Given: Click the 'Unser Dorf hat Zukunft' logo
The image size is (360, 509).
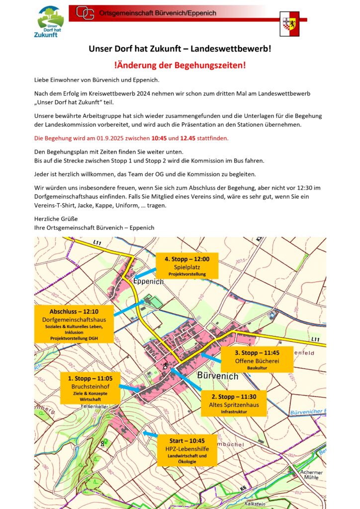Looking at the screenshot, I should (51, 22).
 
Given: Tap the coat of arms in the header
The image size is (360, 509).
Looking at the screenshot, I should (289, 24).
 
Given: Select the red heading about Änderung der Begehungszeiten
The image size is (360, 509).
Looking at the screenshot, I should (180, 65).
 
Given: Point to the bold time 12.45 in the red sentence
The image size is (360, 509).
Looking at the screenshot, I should (191, 138).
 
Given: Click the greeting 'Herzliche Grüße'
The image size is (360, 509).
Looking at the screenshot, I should (56, 219).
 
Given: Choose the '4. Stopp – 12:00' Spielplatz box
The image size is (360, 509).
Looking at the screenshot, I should (187, 266).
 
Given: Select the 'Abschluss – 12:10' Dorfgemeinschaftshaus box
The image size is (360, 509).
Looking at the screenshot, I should (74, 324).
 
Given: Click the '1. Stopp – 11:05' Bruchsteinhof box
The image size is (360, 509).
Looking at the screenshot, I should (90, 387).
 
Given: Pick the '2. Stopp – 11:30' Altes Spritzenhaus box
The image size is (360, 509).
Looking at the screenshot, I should (233, 404).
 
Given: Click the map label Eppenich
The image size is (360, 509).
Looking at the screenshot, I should (149, 281).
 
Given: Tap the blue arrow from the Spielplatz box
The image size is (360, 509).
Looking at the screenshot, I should (145, 273).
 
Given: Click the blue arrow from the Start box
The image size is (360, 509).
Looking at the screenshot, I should (150, 434).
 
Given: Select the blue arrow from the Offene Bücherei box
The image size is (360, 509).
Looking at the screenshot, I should (211, 357).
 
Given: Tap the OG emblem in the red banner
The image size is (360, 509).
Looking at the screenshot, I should (85, 13).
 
